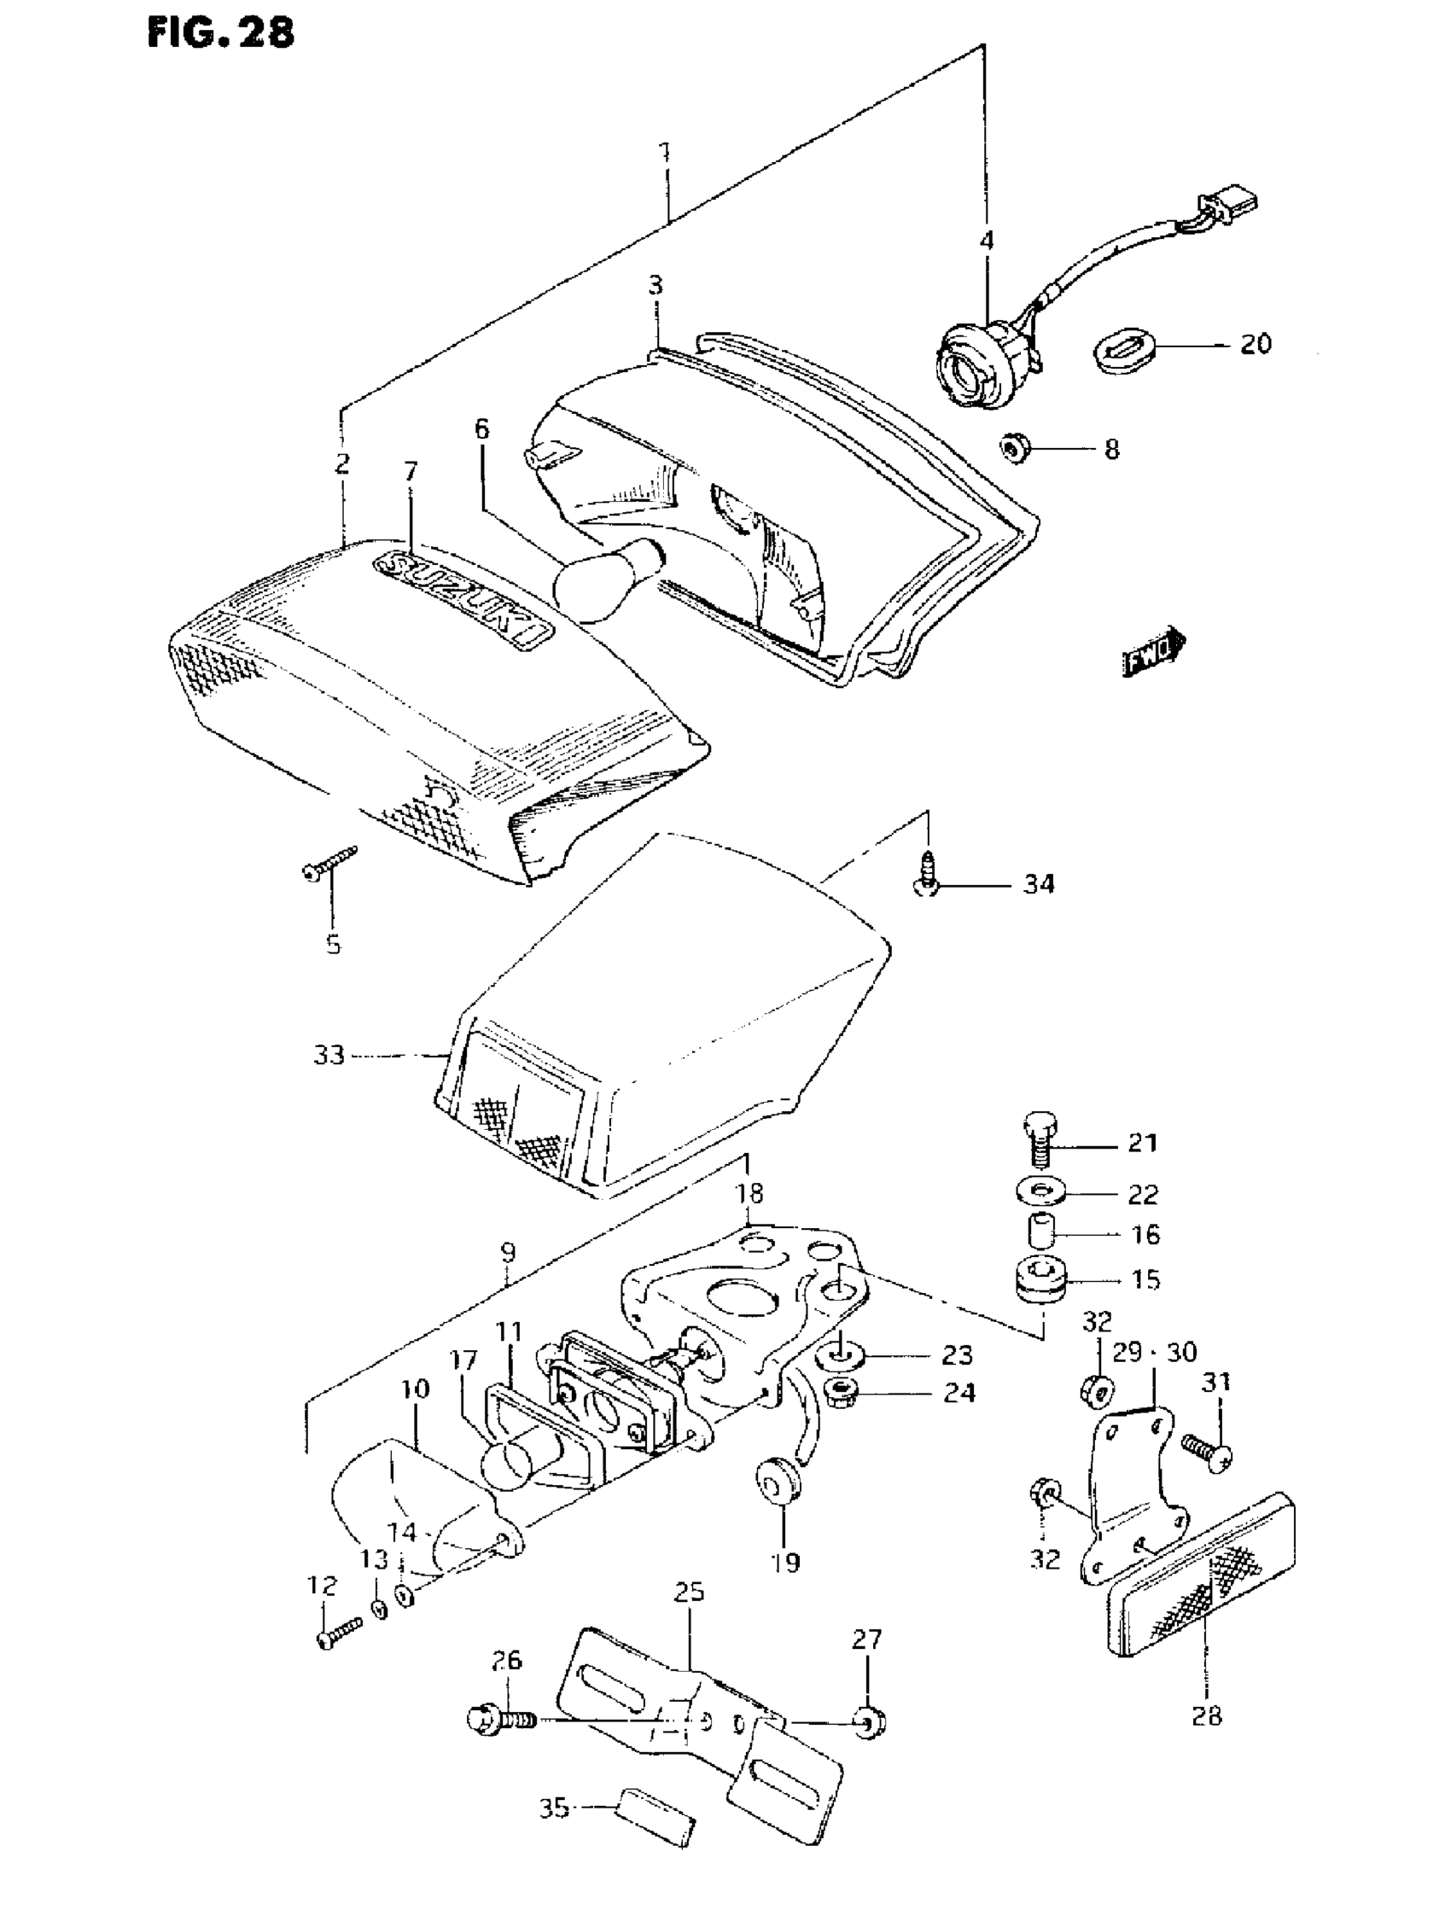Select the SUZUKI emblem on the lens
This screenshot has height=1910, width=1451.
point(463,597)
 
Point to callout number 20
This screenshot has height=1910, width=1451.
point(1255,344)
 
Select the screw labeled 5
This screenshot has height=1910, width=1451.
point(329,865)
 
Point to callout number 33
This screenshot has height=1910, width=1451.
point(329,1055)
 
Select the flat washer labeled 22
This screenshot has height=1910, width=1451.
point(1041,1194)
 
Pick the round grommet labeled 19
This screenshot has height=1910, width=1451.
point(776,1480)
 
